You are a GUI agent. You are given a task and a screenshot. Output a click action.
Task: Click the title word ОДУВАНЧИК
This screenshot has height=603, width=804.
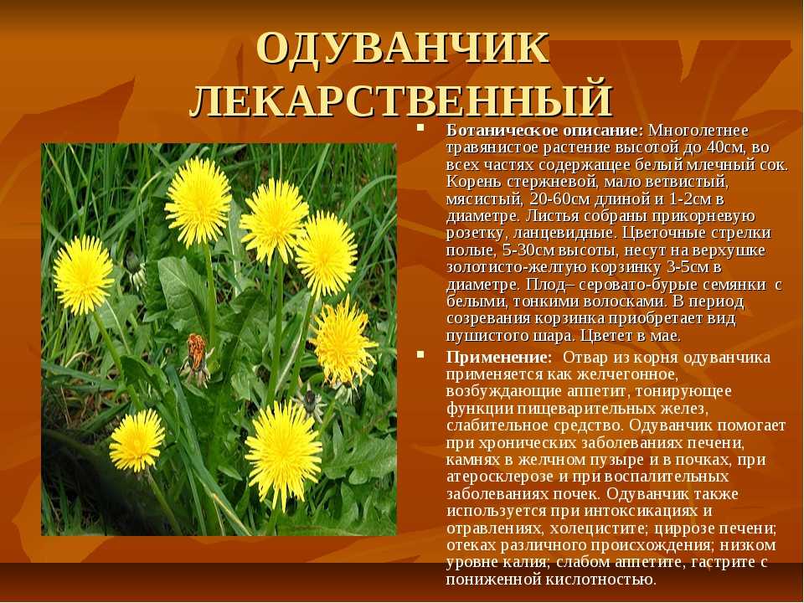click(x=403, y=48)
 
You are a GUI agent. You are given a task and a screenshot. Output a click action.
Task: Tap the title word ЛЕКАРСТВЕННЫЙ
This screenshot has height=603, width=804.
click(x=401, y=99)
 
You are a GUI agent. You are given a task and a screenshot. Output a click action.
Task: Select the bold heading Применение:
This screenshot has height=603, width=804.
click(x=499, y=358)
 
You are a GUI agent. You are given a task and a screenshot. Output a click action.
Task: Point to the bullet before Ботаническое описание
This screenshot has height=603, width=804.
click(x=420, y=126)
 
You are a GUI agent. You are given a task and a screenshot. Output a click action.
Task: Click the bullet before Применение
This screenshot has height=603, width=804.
click(x=420, y=353)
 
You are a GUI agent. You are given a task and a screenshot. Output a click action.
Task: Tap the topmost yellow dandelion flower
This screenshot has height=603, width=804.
click(x=198, y=201)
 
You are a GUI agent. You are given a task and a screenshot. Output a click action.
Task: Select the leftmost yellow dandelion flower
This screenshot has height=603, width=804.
click(x=83, y=275)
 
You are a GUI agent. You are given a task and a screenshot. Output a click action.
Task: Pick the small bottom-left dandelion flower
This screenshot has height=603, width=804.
click(x=137, y=441)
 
